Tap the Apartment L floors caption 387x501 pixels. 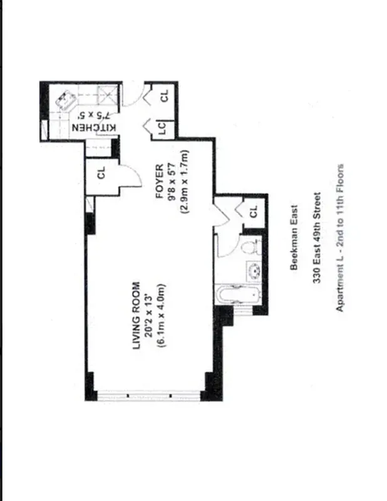tap(341, 239)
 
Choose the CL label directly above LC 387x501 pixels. tap(164, 95)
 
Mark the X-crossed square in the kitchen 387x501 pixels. tap(108, 95)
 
